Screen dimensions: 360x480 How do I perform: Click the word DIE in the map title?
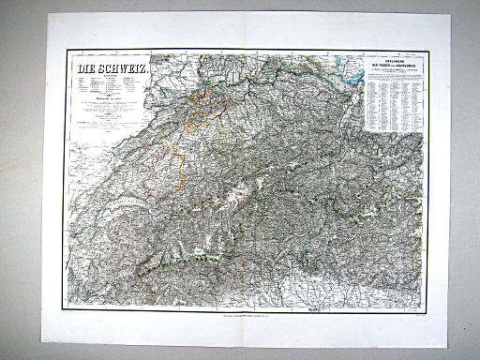pyautogui.click(x=87, y=69)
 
